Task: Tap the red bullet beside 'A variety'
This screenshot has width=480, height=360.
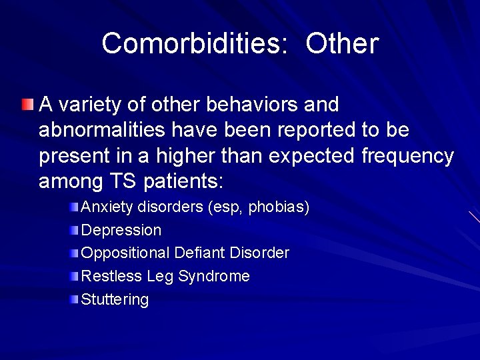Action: point(26,105)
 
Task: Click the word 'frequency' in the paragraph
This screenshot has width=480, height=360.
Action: point(407,157)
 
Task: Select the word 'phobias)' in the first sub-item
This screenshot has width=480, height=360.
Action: point(279,207)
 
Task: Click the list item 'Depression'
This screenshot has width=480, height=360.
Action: point(121,230)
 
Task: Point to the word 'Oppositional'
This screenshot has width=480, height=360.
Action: point(125,253)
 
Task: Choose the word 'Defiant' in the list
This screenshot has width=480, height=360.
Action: point(199,253)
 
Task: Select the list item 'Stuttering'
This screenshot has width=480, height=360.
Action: point(115,299)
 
